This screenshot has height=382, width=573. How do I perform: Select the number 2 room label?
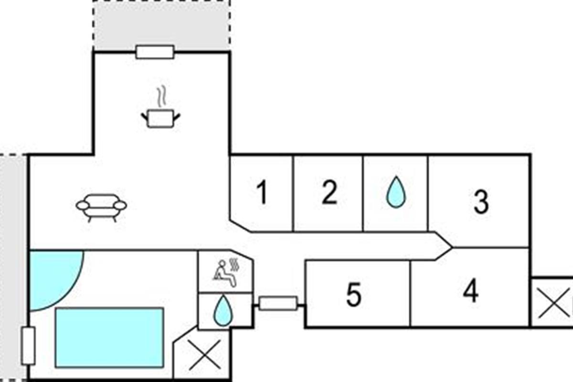tap(329, 193)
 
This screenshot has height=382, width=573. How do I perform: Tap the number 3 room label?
tap(481, 202)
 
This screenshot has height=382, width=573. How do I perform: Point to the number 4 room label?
tap(471, 291)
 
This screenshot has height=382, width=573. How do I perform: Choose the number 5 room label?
tap(353, 295)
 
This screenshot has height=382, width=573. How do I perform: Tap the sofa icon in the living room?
tap(101, 206)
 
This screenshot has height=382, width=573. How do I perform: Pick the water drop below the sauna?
tap(222, 310)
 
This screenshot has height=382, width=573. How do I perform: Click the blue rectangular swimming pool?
tap(109, 337)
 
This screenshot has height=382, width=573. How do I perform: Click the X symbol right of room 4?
tap(554, 303)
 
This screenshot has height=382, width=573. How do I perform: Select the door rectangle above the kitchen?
tap(155, 52)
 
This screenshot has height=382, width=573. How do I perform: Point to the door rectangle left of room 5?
tap(278, 303)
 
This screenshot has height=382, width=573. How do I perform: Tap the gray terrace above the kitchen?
tap(161, 24)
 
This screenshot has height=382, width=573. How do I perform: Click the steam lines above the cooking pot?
tap(162, 95)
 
